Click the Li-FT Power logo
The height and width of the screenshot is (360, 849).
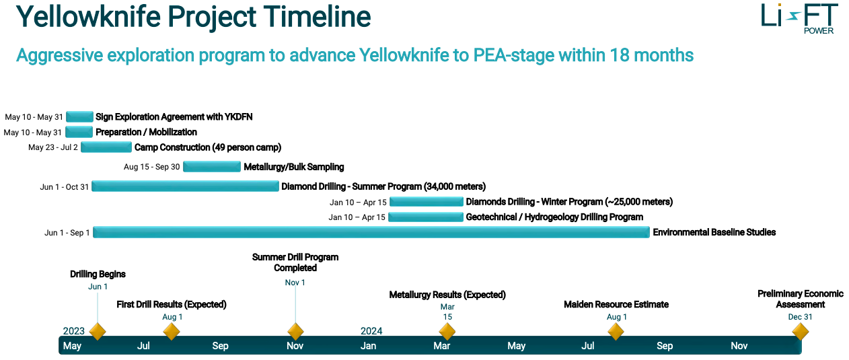coord(799,19)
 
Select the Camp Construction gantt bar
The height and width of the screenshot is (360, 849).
coord(106,147)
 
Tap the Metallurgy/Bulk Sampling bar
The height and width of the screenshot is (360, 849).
coord(212,166)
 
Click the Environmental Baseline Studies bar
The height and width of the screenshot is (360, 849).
coord(371,232)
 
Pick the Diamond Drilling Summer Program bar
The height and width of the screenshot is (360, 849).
coord(185,186)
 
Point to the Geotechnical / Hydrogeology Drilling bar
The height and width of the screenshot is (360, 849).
coord(426,217)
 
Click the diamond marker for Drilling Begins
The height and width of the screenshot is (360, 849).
coord(98,332)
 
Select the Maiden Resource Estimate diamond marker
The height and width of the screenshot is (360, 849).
coord(616,332)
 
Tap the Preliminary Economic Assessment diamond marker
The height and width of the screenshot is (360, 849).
coord(801,332)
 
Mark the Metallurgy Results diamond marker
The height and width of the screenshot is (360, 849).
coord(447,332)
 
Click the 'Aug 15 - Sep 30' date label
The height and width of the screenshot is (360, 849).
coord(151,167)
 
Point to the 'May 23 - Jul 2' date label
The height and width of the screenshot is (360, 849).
coord(53,147)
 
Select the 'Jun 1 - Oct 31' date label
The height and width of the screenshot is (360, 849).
coord(65,187)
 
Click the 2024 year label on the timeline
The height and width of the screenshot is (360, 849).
coord(371,331)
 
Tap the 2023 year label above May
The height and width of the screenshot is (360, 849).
coord(74,331)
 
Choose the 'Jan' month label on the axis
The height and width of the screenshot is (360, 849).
coord(368,346)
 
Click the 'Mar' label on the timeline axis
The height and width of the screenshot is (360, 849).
coord(442,346)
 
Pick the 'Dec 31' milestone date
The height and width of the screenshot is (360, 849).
coord(801,317)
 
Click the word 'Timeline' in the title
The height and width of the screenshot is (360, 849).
coord(317,17)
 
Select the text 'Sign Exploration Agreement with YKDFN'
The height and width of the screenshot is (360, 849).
coord(174,116)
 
